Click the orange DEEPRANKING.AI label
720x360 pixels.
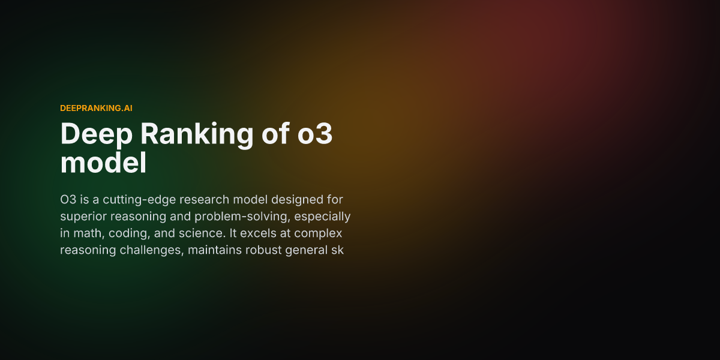click(96, 108)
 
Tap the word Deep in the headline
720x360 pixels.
click(95, 134)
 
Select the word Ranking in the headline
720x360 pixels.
click(197, 134)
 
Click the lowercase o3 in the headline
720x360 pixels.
click(316, 134)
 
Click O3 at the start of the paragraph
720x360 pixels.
click(68, 199)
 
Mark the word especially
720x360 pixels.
click(323, 216)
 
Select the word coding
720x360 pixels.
click(128, 233)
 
